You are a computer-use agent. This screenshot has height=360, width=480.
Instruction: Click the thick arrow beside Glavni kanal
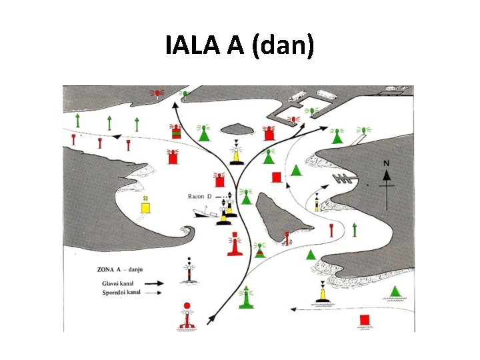point(153,282)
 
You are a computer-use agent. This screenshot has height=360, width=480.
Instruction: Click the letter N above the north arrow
point(385,163)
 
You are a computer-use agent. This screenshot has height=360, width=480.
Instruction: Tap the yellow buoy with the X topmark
point(145,206)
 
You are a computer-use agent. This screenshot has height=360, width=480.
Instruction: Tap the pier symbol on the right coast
point(343,179)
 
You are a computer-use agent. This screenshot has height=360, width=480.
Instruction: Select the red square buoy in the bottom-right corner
point(364,319)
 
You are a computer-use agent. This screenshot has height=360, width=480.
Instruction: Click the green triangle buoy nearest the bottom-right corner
point(396,291)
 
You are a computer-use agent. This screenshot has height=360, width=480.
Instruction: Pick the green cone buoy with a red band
point(259,250)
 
